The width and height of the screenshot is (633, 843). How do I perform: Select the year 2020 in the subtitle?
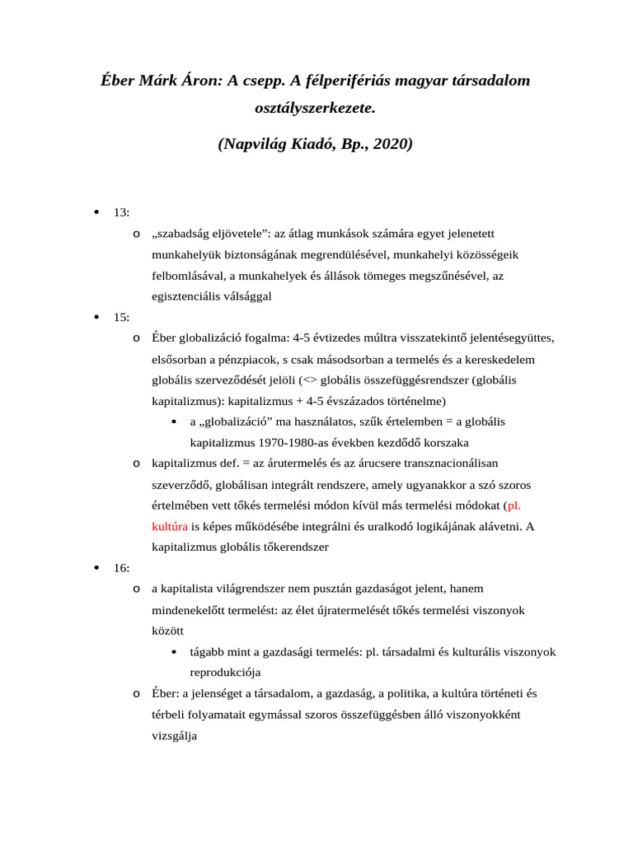[x=391, y=144]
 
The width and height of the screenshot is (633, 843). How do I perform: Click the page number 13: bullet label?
[x=121, y=212]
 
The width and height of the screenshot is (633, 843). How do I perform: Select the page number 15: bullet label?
[x=121, y=317]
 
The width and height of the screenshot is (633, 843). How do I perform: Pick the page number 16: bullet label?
[x=121, y=567]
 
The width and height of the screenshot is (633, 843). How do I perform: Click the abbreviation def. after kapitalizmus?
[x=226, y=463]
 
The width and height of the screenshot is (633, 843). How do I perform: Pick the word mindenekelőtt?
[x=194, y=610]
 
